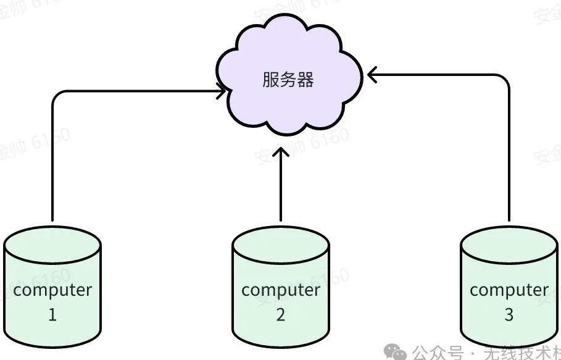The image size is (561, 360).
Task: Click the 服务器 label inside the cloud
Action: click(288, 80)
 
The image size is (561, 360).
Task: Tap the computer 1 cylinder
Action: click(52, 266)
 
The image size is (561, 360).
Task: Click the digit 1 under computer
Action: click(52, 315)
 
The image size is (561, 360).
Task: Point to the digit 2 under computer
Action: click(281, 315)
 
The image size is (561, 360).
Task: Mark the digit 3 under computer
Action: click(509, 315)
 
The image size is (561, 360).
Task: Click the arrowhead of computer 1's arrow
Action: click(220, 93)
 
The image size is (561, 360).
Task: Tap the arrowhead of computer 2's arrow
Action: click(281, 151)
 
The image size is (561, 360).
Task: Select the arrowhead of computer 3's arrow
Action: click(372, 75)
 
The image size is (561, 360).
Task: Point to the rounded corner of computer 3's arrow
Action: click(505, 79)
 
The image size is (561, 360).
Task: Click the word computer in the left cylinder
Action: click(52, 290)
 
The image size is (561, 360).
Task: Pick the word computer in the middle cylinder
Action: click(281, 290)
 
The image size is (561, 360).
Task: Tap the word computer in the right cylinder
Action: click(509, 290)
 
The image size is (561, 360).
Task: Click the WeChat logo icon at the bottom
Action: click(394, 352)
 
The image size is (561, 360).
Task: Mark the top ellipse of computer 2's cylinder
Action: click(281, 238)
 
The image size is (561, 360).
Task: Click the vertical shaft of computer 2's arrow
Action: click(281, 185)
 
